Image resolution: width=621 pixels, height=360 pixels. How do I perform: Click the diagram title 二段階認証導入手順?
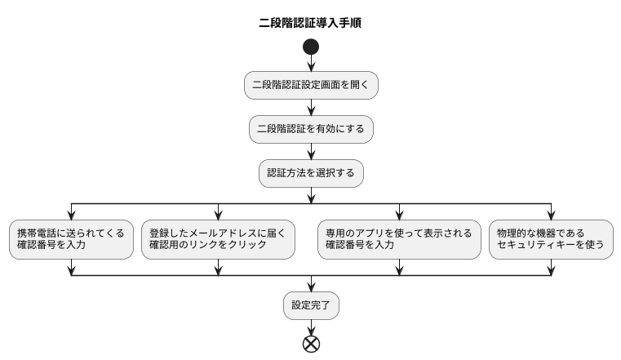point(310,23)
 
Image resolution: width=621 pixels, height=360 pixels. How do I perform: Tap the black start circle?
point(311,47)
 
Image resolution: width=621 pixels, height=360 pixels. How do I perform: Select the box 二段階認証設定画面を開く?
point(311,86)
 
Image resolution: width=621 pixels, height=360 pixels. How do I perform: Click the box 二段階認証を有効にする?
point(311,130)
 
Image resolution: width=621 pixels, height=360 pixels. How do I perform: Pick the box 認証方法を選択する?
point(311,174)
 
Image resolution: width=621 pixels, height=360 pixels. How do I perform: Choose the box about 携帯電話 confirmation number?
point(71,239)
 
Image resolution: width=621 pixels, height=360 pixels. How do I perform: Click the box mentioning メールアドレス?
point(217,239)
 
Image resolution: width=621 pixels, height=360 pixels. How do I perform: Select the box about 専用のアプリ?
point(399,239)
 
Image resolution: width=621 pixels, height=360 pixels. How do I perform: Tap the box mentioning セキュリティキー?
point(551,239)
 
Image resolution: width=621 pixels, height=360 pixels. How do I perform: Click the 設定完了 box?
point(311,305)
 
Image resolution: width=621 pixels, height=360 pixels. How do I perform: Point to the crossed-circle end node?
point(311,343)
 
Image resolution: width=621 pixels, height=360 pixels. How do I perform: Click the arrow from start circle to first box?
point(311,64)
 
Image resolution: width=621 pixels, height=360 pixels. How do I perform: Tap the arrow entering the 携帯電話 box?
point(71,211)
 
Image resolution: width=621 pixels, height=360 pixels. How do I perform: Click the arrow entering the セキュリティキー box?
point(551,211)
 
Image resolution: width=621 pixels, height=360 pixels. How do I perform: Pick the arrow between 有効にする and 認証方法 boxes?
point(311,152)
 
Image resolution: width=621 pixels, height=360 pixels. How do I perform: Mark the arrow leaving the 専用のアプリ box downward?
point(399,267)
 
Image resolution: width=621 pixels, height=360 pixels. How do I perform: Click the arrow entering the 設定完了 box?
point(311,283)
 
